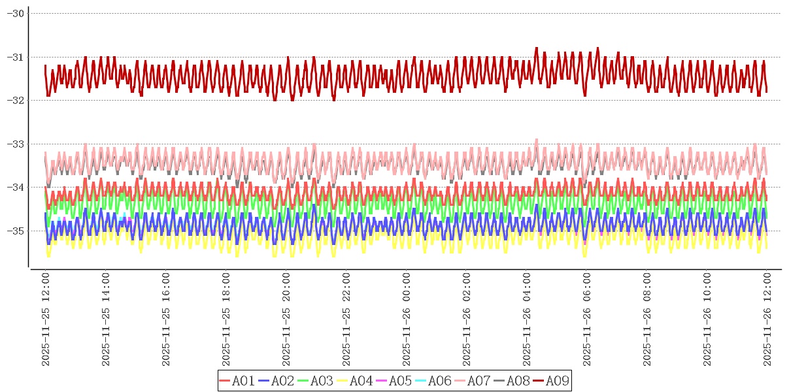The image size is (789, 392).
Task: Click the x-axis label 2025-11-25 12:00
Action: [x=46, y=319]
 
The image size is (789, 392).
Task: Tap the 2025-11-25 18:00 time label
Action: [x=226, y=319]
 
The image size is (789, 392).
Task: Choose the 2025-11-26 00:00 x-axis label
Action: [x=407, y=319]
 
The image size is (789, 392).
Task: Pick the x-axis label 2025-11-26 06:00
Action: [x=587, y=319]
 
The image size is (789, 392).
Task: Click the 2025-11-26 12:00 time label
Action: [x=767, y=319]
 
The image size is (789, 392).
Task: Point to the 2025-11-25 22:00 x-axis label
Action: [x=346, y=319]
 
